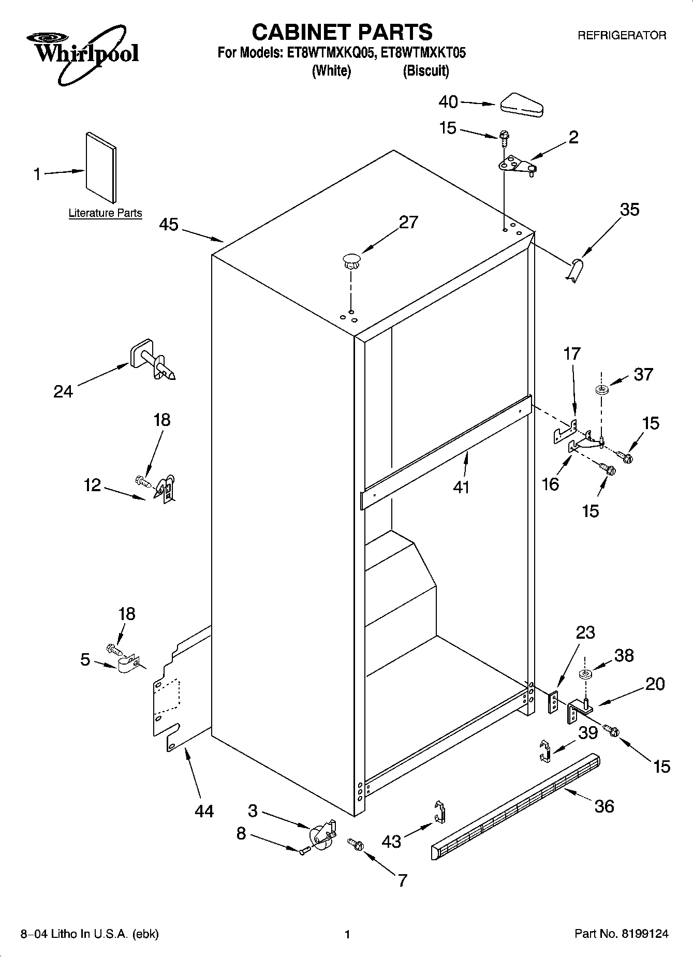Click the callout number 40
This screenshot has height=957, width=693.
tap(448, 102)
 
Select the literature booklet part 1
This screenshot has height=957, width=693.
tap(101, 167)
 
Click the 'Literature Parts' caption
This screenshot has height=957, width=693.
tap(105, 213)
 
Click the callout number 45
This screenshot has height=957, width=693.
tap(169, 225)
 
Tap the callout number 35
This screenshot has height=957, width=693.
tap(630, 209)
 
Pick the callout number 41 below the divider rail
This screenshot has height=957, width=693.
tap(461, 487)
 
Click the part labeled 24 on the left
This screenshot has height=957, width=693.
tap(152, 360)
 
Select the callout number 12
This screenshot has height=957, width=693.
tap(93, 485)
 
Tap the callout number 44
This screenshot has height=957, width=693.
tap(204, 811)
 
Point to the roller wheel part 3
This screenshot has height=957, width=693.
tap(322, 834)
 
